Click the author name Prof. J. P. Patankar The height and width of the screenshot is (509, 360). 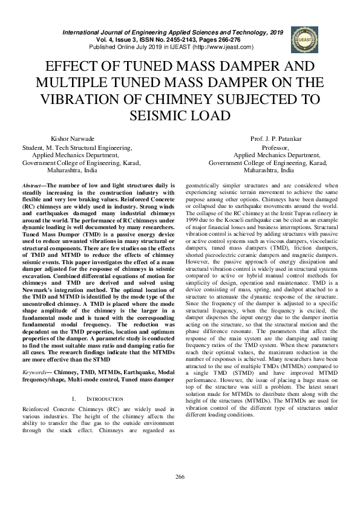click(275, 140)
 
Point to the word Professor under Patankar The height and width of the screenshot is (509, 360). click(275, 148)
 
